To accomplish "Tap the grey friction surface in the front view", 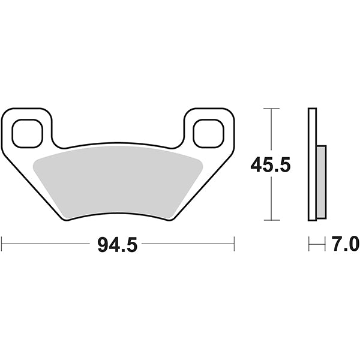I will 118,180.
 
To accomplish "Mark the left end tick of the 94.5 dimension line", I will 2,244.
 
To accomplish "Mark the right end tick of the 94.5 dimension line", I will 233,244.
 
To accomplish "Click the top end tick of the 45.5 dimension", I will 272,109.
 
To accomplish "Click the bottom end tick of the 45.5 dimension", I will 272,221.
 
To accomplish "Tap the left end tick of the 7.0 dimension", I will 309,244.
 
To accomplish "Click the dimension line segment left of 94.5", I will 48,244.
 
